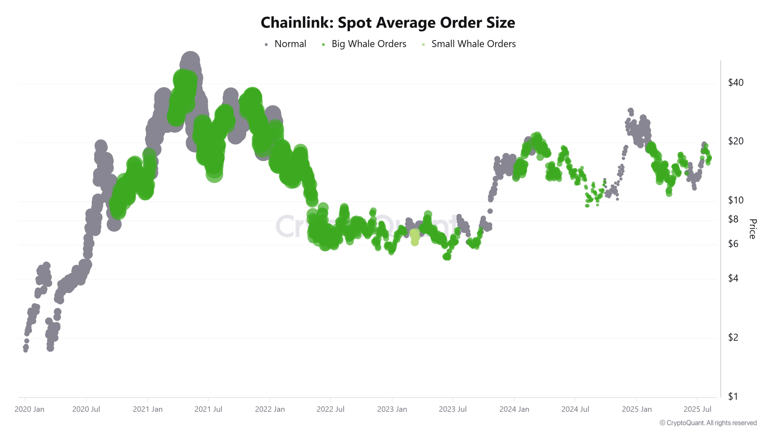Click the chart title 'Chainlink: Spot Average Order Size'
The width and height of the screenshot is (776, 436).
tap(388, 23)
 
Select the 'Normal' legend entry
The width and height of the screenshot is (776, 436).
tap(290, 44)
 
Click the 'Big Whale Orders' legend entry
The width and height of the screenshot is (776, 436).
tap(369, 44)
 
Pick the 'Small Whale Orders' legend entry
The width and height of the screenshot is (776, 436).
tap(473, 44)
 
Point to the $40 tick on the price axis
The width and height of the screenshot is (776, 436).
tap(736, 82)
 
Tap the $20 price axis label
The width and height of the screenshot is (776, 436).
tap(736, 141)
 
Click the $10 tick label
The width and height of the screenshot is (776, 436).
tap(736, 200)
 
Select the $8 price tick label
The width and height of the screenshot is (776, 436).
tap(733, 219)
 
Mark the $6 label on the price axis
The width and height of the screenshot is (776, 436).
tap(733, 244)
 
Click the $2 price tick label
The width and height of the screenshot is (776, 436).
tap(733, 337)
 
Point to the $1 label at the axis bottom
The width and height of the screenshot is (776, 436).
tap(733, 396)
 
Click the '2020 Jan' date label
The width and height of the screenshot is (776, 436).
tap(29, 409)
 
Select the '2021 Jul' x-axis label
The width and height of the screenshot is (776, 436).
tap(208, 409)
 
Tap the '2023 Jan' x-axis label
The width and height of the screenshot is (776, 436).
tap(392, 409)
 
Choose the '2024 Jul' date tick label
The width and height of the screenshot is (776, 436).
tap(575, 409)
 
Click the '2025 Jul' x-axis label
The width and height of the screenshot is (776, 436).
tap(697, 409)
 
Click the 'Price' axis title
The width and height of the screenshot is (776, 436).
tap(753, 229)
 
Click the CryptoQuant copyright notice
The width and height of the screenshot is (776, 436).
tap(708, 423)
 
